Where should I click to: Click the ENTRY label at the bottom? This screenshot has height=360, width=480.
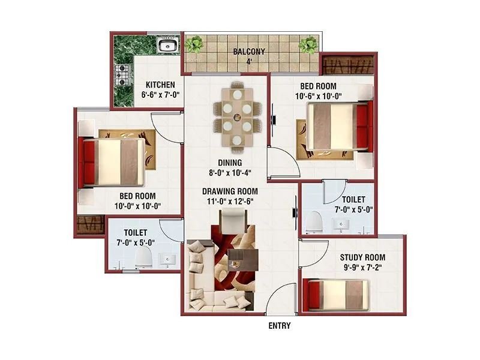(279, 326)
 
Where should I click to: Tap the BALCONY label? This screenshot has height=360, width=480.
(249, 52)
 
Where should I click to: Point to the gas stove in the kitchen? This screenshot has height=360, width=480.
(123, 76)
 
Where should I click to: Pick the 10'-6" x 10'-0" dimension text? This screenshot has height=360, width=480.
(319, 96)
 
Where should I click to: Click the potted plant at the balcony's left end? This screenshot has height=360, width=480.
(194, 45)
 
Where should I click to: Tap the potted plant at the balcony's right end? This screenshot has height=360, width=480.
(308, 45)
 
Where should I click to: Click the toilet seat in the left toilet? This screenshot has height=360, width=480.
(144, 259)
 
